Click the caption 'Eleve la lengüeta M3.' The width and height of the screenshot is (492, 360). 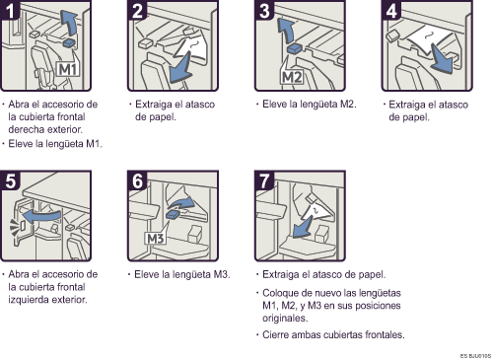(x=179, y=273)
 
